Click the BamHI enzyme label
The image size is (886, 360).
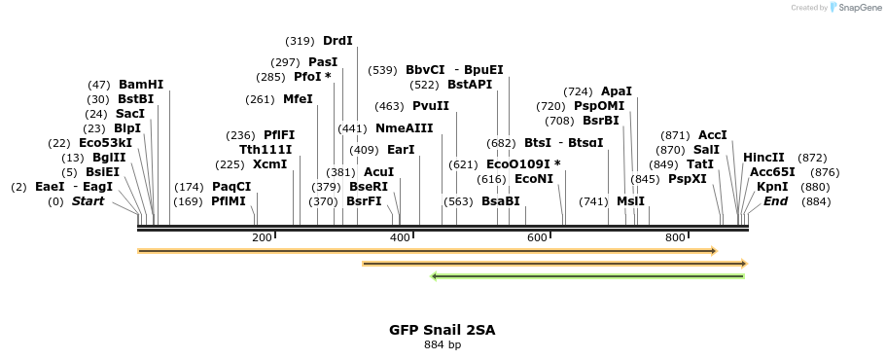pos(141,85)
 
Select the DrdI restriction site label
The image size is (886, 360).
pos(337,41)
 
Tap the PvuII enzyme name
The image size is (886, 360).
pos(431,106)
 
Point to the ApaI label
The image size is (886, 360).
pos(616,91)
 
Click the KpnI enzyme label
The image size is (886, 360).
pos(772,187)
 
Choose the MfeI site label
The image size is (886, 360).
pos(298,99)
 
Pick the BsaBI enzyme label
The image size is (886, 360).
pos(500,201)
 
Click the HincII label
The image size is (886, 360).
pos(763,158)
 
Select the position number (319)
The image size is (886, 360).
pos(300,41)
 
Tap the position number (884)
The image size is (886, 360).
pos(816,201)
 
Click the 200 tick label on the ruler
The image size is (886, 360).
pos(262,238)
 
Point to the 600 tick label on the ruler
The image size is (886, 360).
pos(537,238)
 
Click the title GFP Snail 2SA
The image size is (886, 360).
pos(443,330)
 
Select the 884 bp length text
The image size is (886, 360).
pos(443,344)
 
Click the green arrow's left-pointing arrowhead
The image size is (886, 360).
pos(435,276)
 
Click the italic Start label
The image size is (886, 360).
pos(88,201)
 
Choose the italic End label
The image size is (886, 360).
pos(775,201)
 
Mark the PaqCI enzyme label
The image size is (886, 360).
pos(231,187)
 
